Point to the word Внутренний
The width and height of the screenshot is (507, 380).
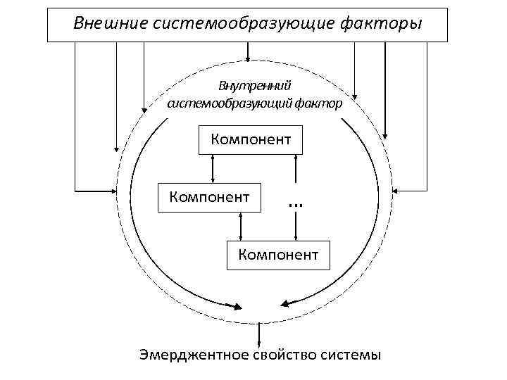(x=254, y=86)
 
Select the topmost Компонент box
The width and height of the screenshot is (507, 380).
(x=251, y=139)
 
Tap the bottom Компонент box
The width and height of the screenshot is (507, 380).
(x=278, y=254)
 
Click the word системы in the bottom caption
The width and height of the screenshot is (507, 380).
(x=353, y=355)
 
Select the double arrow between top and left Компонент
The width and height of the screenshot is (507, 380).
(x=213, y=167)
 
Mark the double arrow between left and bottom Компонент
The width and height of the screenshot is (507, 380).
(x=242, y=225)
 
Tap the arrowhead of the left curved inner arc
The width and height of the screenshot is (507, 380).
(x=236, y=306)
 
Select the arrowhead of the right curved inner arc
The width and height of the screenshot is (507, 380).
(x=285, y=303)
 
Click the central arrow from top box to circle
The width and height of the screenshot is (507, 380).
(x=247, y=51)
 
